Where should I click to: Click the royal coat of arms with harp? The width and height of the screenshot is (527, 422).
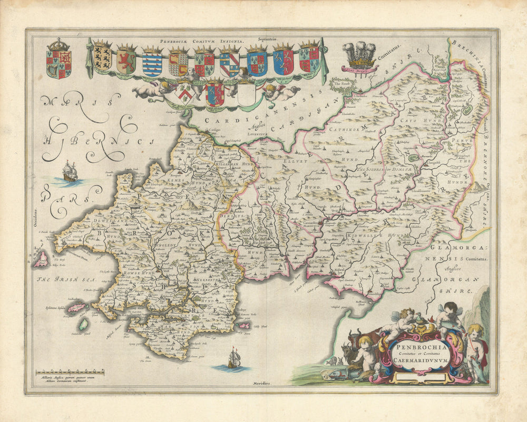tap(58, 59)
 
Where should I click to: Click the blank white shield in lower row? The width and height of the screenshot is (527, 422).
tap(246, 94)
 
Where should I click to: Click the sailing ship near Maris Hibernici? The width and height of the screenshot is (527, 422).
tap(70, 172)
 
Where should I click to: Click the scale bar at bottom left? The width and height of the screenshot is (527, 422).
tap(70, 373)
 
